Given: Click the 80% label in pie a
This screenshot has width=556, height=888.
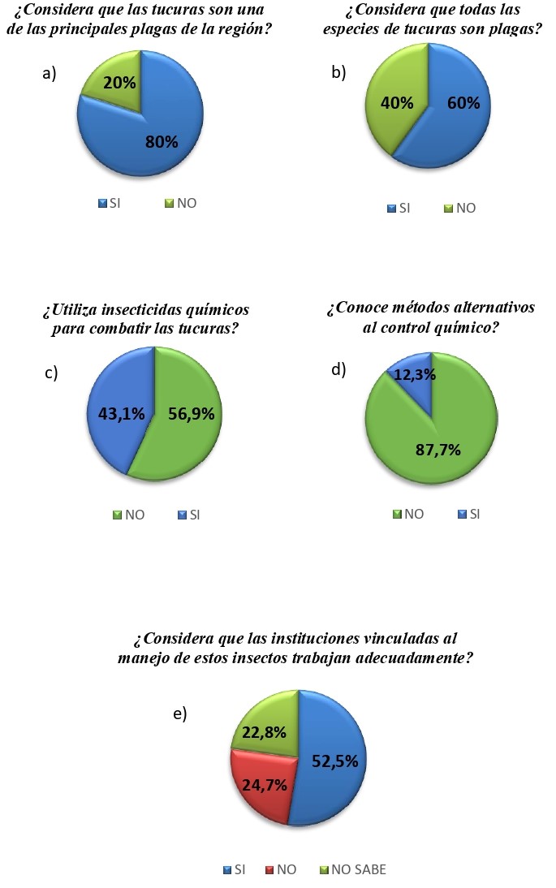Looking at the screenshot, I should (162, 142).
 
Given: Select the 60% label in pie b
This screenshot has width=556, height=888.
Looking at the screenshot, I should (463, 103).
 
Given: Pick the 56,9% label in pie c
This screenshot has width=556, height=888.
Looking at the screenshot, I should (192, 413).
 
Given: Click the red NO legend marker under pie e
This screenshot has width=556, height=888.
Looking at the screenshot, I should (269, 869).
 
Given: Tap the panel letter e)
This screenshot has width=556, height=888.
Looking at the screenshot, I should (180, 713).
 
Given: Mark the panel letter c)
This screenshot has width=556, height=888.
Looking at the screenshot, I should (50, 373).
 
